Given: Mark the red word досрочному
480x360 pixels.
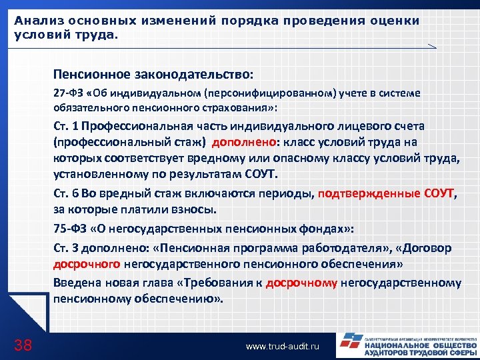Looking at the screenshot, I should (x=301, y=283).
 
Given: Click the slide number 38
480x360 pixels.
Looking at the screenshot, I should (x=23, y=345).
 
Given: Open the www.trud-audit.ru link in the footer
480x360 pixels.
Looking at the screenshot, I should (x=283, y=347).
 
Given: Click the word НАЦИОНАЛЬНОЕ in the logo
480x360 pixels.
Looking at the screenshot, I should (x=396, y=345).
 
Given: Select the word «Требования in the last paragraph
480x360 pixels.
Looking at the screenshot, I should (x=213, y=283).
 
